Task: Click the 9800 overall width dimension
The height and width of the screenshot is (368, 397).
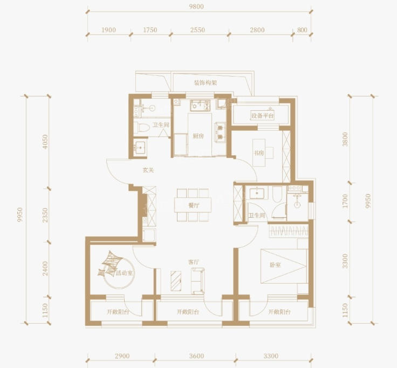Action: click(196, 6)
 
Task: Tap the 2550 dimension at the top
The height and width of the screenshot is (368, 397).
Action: click(197, 30)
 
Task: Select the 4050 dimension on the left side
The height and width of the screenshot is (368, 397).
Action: click(45, 142)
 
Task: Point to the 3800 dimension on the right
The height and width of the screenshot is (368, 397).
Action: click(345, 139)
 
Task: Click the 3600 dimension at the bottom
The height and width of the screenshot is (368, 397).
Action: click(196, 356)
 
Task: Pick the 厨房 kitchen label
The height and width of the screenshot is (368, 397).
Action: click(198, 136)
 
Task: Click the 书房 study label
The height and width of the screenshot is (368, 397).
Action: click(259, 153)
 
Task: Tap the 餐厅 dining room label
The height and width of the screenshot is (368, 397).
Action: click(194, 205)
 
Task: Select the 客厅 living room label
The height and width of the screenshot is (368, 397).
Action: click(194, 262)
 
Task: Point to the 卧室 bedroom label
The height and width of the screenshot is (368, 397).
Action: click(275, 265)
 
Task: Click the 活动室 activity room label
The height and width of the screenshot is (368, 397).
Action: click(125, 273)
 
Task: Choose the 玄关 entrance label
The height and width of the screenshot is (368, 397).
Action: click(148, 170)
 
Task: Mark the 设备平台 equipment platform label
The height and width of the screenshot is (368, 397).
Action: click(263, 116)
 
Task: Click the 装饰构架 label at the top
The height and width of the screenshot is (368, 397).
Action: click(206, 83)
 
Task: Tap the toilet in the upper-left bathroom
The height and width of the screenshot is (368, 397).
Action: click(141, 128)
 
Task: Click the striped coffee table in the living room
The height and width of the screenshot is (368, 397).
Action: click(176, 281)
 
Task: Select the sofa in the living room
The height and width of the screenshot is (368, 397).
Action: click(198, 281)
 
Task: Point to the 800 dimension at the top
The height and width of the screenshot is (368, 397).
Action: click(302, 30)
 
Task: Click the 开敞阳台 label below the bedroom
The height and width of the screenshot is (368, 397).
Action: click(279, 312)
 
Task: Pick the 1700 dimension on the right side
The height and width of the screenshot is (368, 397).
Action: click(345, 201)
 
